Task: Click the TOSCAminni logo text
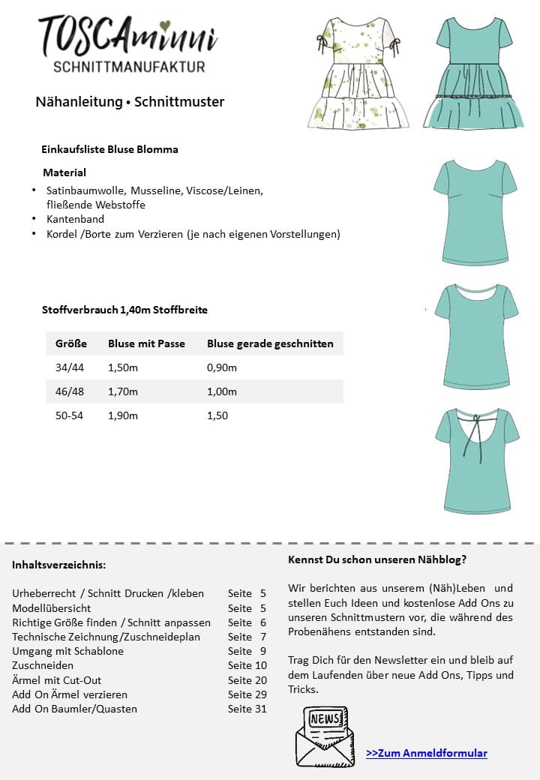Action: click(127, 36)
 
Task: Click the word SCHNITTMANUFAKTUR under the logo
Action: click(129, 67)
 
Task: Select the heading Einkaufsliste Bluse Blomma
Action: click(109, 149)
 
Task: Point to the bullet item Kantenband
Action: click(75, 219)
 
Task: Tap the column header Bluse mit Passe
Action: click(146, 343)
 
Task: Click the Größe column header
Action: click(71, 343)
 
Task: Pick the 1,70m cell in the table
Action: click(123, 391)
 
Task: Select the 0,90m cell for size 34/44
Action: click(222, 367)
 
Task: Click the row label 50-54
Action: click(69, 415)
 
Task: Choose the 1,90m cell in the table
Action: click(123, 415)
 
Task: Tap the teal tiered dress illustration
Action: click(472, 73)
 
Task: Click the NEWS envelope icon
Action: click(325, 736)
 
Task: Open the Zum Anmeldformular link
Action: click(427, 753)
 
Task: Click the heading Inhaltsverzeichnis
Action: click(58, 565)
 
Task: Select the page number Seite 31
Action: click(247, 709)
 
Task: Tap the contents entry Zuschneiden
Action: click(43, 665)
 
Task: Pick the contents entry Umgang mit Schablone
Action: click(67, 651)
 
